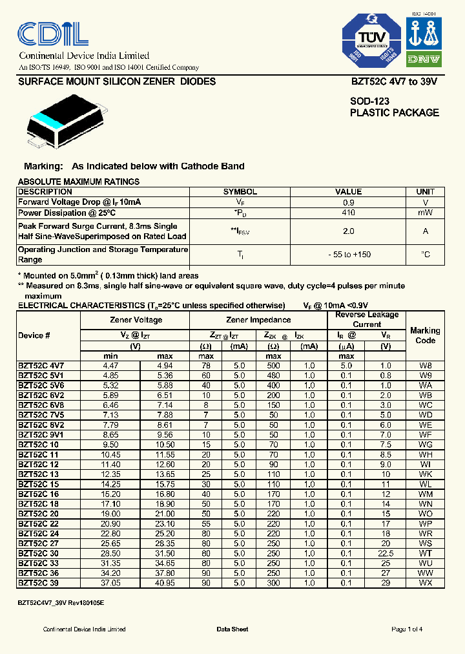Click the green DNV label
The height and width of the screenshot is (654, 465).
click(424, 59)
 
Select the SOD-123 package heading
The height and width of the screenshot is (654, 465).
click(369, 101)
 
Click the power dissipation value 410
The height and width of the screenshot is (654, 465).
click(348, 212)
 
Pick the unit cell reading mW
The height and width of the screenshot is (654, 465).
click(424, 212)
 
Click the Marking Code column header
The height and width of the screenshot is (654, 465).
click(425, 335)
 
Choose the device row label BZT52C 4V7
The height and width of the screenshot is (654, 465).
click(41, 366)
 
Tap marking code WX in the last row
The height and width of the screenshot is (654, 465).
click(425, 583)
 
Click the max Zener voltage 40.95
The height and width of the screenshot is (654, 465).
click(166, 583)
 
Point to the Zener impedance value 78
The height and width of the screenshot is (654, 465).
click(206, 366)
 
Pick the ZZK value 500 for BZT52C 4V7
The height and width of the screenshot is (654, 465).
click(273, 366)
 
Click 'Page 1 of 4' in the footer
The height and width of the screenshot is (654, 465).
click(407, 629)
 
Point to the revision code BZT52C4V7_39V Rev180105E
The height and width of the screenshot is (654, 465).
click(61, 602)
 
